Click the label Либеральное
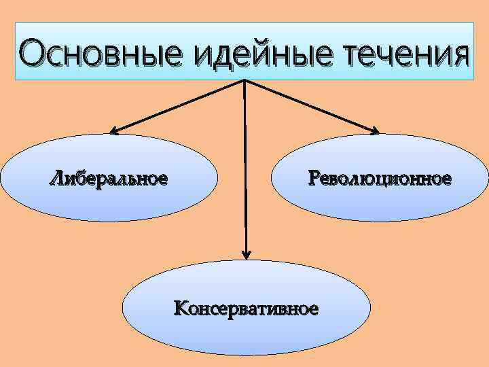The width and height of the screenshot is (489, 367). pos(108,179)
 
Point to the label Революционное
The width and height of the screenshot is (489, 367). pos(379,179)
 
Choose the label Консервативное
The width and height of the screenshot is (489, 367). pos(246,310)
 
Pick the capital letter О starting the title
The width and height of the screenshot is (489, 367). pos(33,52)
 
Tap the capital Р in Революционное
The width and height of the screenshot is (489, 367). pos(312,179)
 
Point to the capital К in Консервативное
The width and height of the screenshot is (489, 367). pos(181,310)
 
